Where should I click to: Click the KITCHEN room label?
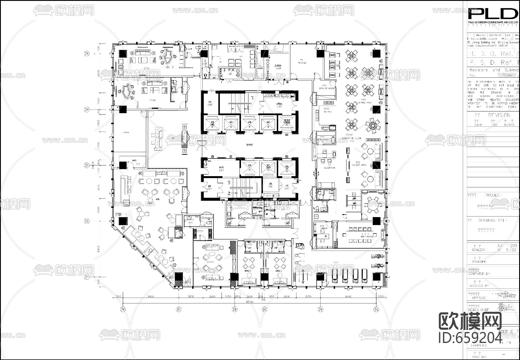(x=302, y=63)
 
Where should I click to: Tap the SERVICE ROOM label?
(x=326, y=88)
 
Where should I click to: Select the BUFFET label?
(x=328, y=111)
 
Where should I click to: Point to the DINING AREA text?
(x=365, y=102)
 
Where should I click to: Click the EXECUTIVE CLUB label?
(x=352, y=138)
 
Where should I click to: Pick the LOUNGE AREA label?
(x=359, y=165)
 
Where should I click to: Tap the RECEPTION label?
(x=329, y=168)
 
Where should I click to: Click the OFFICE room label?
(x=324, y=228)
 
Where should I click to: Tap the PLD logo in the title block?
(x=493, y=14)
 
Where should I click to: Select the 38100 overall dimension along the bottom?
(x=250, y=302)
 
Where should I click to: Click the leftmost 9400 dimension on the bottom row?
(x=151, y=296)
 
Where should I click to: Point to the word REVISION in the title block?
(x=499, y=115)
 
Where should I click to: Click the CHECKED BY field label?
(x=479, y=286)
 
